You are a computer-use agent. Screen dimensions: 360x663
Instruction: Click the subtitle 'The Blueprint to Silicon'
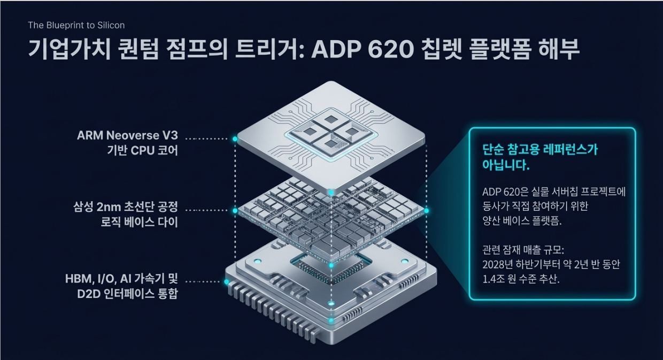tap(76, 25)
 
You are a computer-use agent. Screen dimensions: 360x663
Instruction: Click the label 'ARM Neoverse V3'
tap(127, 136)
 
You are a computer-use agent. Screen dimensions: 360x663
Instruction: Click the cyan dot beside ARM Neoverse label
tap(235, 139)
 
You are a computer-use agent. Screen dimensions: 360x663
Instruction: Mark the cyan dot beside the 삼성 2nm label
tap(235, 210)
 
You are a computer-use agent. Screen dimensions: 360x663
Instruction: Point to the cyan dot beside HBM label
tap(227, 281)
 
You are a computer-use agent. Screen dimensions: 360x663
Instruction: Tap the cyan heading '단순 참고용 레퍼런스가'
tap(540, 150)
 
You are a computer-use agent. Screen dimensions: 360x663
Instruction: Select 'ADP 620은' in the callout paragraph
tap(504, 192)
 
